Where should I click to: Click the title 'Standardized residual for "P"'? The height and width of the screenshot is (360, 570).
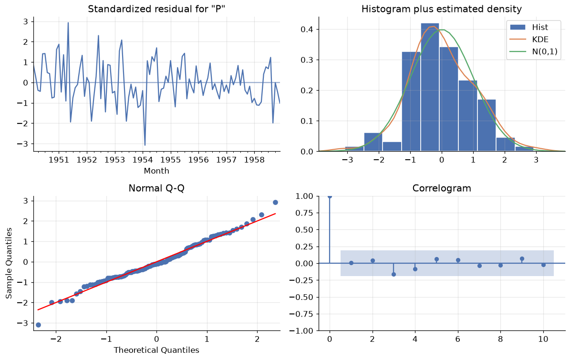(x=156, y=9)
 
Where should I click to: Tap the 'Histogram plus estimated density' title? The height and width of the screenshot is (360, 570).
(x=441, y=9)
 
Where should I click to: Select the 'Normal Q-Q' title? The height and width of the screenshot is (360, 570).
(x=156, y=188)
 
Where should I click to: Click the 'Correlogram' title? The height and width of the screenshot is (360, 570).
(x=442, y=188)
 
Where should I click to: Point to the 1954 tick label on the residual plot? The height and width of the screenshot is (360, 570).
(x=143, y=160)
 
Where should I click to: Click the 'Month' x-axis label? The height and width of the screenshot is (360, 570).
(x=156, y=171)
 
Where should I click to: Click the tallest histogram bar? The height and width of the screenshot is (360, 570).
(x=430, y=87)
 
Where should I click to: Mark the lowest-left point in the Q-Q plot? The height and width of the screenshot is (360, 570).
(x=39, y=325)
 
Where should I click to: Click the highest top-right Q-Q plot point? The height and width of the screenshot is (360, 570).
(x=275, y=202)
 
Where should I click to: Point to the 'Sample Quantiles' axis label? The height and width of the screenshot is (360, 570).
(x=9, y=263)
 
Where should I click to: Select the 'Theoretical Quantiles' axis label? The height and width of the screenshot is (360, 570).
(x=156, y=350)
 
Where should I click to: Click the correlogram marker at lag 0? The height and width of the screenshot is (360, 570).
(x=330, y=196)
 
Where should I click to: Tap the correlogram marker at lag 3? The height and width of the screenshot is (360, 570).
(x=394, y=274)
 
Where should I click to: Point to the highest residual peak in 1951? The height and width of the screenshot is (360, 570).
(x=68, y=23)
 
